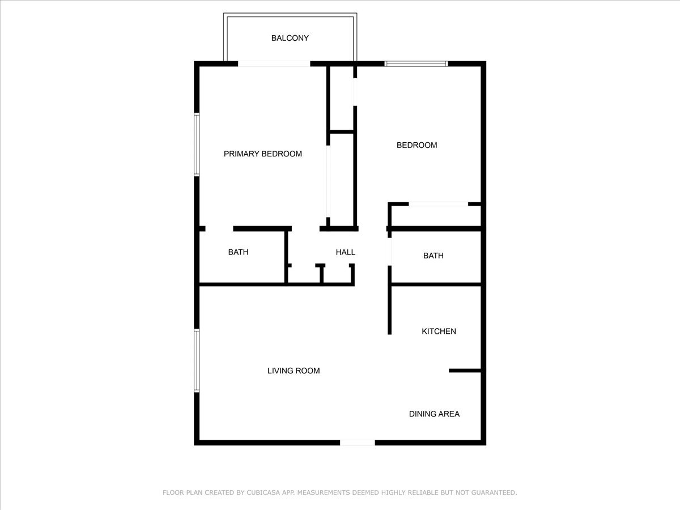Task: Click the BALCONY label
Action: point(290,38)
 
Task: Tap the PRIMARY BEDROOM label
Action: point(262,154)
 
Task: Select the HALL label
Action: point(345,252)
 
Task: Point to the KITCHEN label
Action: point(439,331)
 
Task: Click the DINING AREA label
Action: point(434,414)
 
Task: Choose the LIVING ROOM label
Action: point(294,371)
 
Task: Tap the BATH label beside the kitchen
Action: point(433,256)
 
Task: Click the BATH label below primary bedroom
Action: point(238,252)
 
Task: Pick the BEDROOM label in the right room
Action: point(416,145)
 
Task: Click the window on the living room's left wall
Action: point(197,361)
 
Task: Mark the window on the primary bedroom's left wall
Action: point(197,144)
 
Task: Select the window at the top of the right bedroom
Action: point(416,63)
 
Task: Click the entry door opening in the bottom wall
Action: point(357,443)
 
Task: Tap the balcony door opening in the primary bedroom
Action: point(274,63)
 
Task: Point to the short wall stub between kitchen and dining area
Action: point(465,371)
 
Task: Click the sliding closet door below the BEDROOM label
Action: point(438,204)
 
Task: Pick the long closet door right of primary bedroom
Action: point(328,181)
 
